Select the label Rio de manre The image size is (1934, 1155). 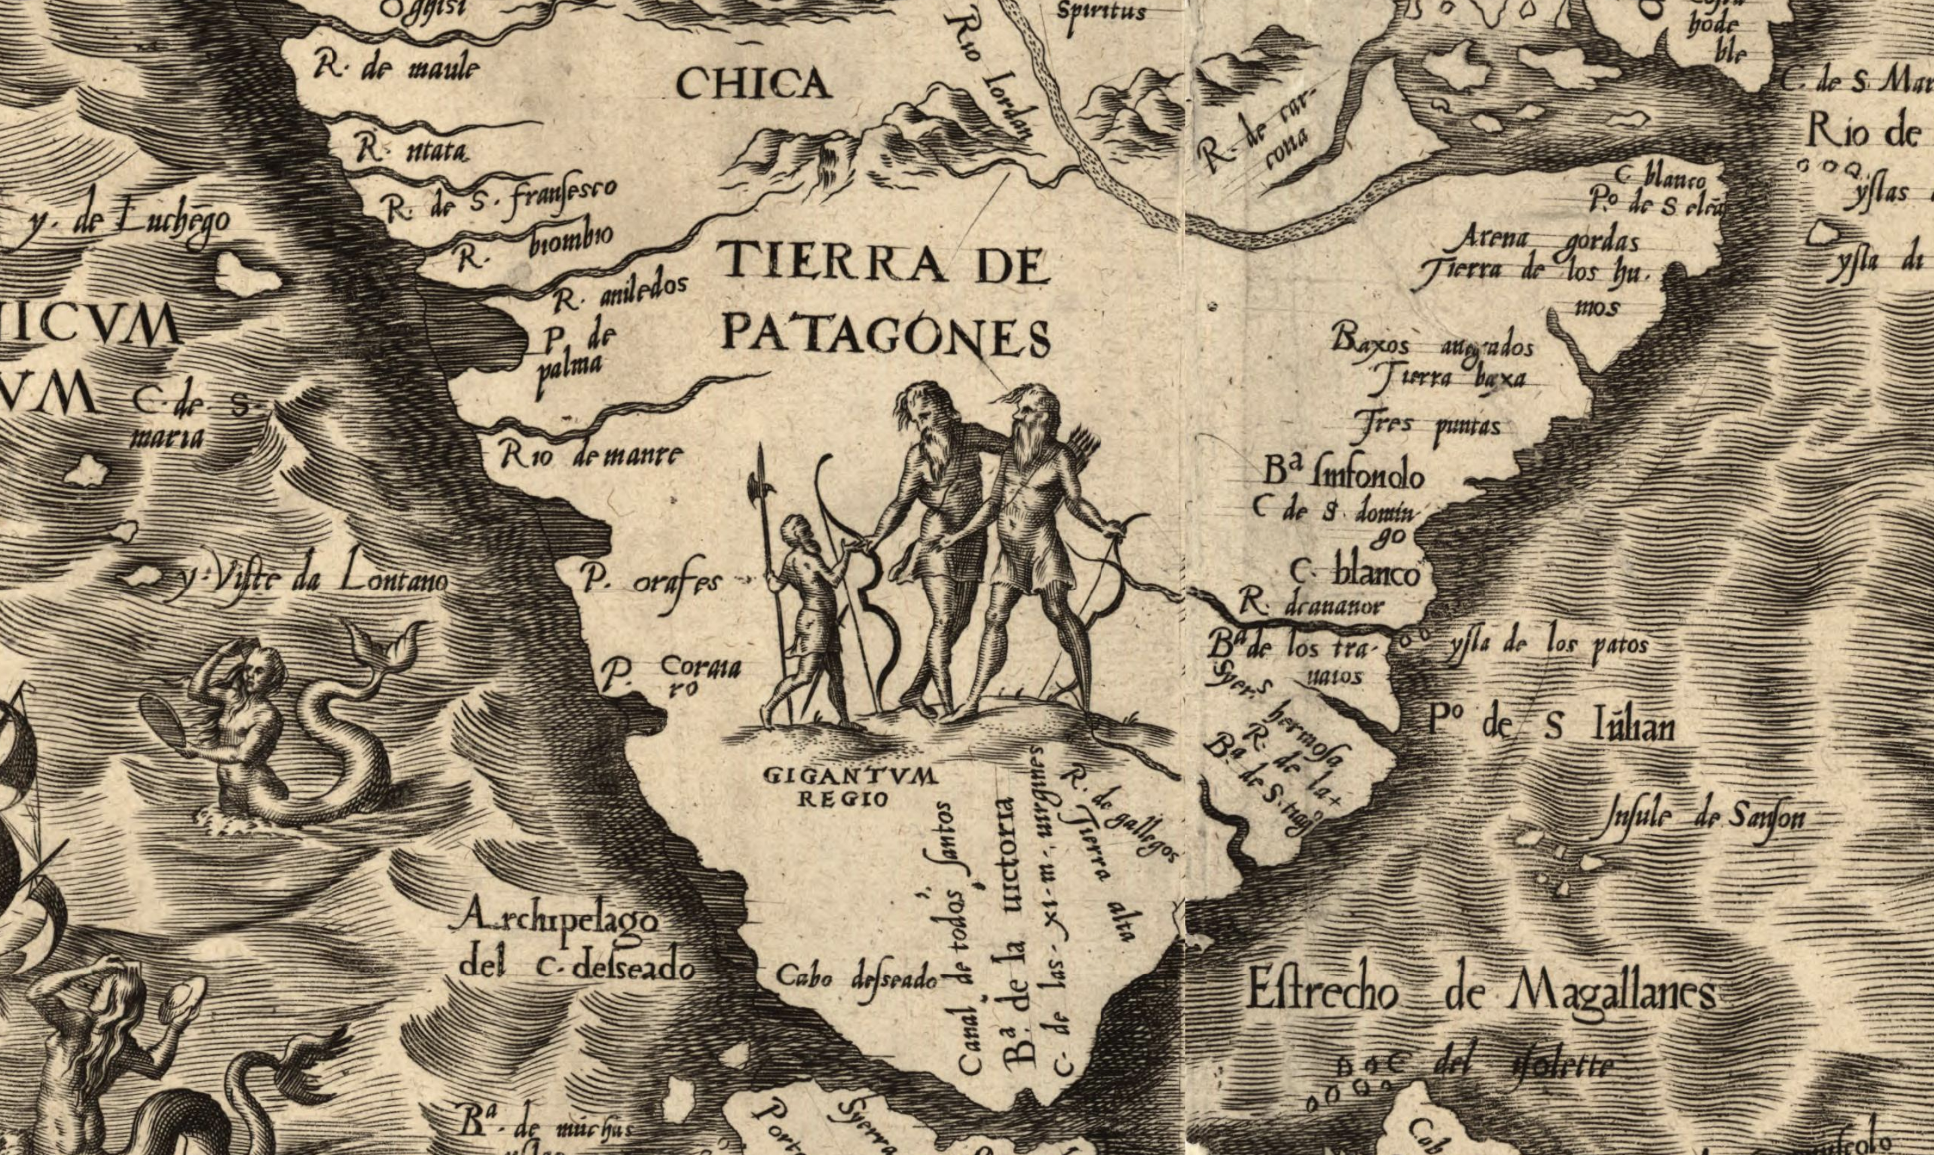point(592,455)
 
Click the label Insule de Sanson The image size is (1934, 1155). point(1704,817)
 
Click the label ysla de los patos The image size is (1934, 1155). point(1549,645)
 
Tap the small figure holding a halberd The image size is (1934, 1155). point(809,615)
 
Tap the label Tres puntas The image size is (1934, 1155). point(1432,426)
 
